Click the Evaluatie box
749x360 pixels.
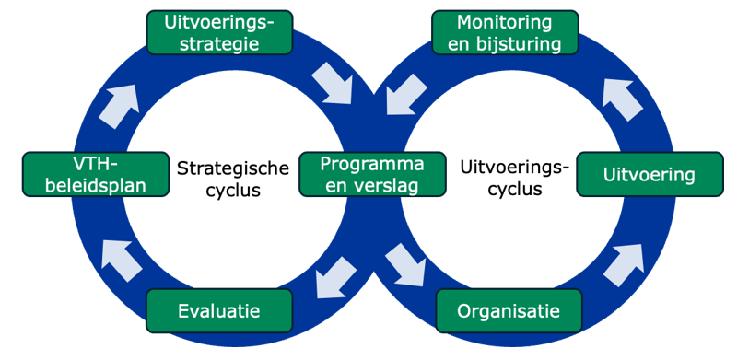[219, 310]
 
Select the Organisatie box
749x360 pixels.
[509, 310]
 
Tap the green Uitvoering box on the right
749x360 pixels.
[649, 174]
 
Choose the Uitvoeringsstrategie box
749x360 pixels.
[219, 32]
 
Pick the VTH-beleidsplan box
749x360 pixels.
[97, 174]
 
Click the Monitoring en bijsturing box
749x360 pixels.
[504, 32]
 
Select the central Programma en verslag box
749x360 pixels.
[372, 174]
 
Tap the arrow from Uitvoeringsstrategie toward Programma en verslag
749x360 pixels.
[332, 84]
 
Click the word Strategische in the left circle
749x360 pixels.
[232, 168]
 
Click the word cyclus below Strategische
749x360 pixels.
[232, 191]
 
